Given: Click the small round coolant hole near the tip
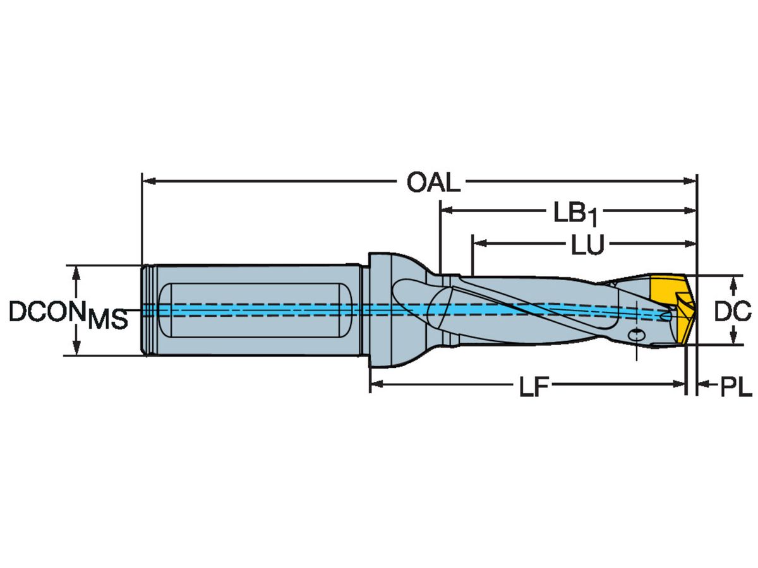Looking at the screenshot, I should (637, 334).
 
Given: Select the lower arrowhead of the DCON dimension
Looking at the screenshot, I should (76, 350).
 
